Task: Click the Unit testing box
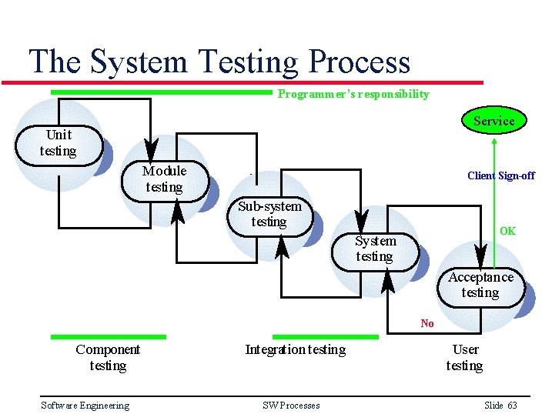pyautogui.click(x=59, y=144)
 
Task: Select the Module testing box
pyautogui.click(x=164, y=180)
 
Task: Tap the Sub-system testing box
pyautogui.click(x=269, y=215)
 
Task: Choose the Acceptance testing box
pyautogui.click(x=480, y=285)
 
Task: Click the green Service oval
pyautogui.click(x=493, y=121)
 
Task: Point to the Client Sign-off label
pyautogui.click(x=500, y=175)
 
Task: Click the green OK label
pyautogui.click(x=507, y=231)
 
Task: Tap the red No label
pyautogui.click(x=427, y=323)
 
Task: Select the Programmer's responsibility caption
pyautogui.click(x=353, y=94)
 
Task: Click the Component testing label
pyautogui.click(x=108, y=358)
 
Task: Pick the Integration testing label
pyautogui.click(x=295, y=350)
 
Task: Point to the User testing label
pyautogui.click(x=464, y=358)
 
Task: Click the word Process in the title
pyautogui.click(x=360, y=62)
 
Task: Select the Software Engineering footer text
pyautogui.click(x=85, y=406)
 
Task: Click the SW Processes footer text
pyautogui.click(x=291, y=406)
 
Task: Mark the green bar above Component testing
pyautogui.click(x=108, y=336)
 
